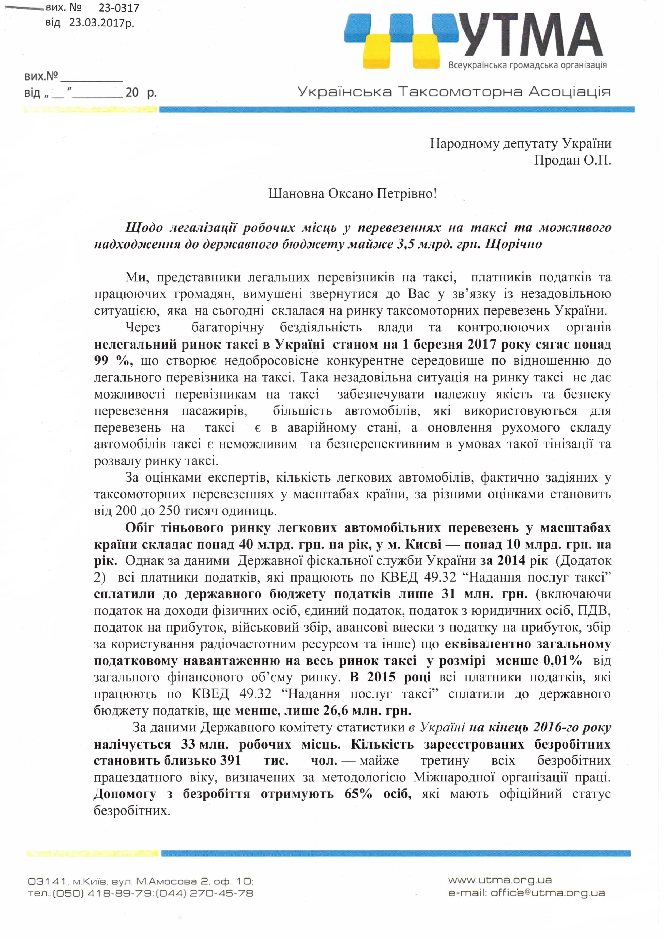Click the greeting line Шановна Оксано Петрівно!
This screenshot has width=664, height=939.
coord(352,193)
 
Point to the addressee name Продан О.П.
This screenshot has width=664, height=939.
coord(572,160)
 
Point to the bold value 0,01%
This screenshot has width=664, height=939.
coord(563,661)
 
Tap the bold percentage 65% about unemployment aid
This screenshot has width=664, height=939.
coord(358,794)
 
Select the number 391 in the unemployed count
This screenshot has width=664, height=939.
coord(230,760)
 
